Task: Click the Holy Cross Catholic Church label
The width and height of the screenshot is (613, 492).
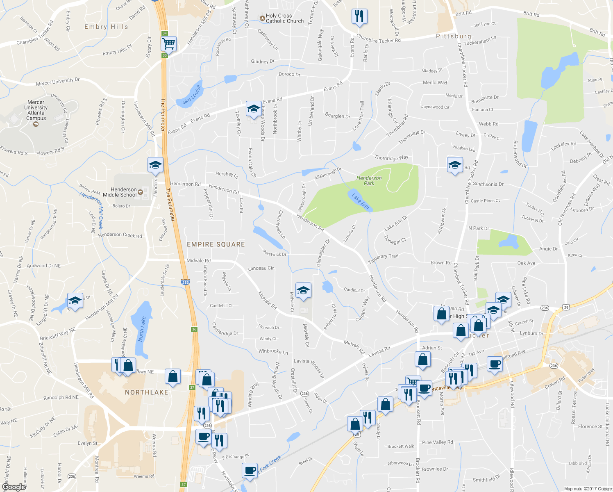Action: (x=284, y=18)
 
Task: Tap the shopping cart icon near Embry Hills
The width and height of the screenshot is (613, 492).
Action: (x=168, y=43)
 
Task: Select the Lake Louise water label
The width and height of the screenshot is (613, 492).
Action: (x=191, y=95)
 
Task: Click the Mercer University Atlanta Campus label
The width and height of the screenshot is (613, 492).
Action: (x=36, y=110)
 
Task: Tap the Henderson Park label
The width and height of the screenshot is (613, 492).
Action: (x=369, y=180)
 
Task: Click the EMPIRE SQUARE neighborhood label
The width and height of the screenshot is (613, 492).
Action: (x=216, y=244)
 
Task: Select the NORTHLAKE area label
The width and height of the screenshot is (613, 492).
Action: (x=146, y=392)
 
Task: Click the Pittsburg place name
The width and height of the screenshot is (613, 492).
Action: (x=453, y=36)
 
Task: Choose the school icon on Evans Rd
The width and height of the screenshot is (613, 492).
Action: (x=254, y=109)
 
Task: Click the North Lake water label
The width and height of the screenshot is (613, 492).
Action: (x=141, y=329)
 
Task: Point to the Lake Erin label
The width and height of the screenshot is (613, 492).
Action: (x=360, y=201)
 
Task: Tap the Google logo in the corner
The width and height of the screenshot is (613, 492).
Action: (x=14, y=487)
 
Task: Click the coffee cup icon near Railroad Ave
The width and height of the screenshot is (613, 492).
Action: (x=495, y=364)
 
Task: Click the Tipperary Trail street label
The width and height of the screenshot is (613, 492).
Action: (x=383, y=259)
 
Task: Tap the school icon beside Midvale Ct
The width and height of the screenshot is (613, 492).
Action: (x=303, y=291)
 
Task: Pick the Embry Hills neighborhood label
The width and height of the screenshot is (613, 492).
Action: (x=106, y=27)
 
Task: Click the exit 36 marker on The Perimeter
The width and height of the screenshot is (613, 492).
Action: (x=194, y=329)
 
